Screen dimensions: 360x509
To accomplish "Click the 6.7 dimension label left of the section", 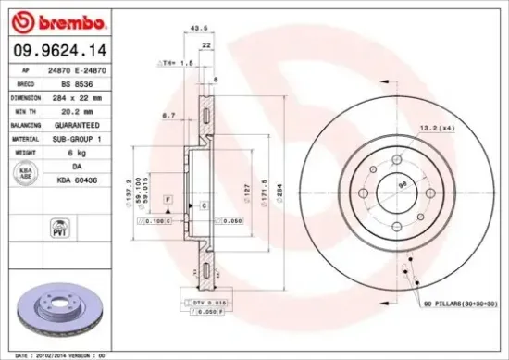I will pos(168,115).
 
